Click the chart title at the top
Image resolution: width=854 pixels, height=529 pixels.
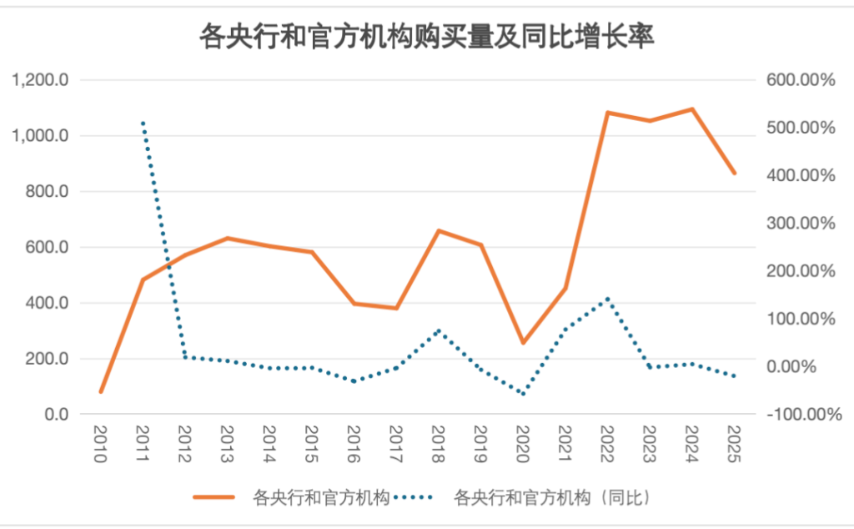(x=426, y=38)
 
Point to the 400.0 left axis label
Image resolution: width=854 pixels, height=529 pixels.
(x=47, y=303)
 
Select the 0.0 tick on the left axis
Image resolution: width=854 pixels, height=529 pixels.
(x=56, y=415)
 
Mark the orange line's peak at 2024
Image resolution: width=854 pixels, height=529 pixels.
(x=692, y=109)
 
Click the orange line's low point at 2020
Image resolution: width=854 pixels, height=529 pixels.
(x=523, y=343)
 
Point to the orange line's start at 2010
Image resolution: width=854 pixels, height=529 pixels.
(x=101, y=391)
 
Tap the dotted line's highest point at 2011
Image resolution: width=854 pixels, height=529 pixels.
(x=143, y=123)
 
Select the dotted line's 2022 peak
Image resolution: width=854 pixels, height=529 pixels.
(x=608, y=298)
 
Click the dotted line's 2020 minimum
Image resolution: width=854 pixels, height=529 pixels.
(x=523, y=394)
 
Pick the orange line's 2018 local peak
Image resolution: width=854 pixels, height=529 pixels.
(x=439, y=230)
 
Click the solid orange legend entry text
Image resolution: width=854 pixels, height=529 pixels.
(x=321, y=498)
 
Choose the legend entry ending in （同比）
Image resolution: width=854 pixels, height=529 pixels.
(x=551, y=498)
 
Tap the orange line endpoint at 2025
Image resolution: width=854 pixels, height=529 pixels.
(x=734, y=174)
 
